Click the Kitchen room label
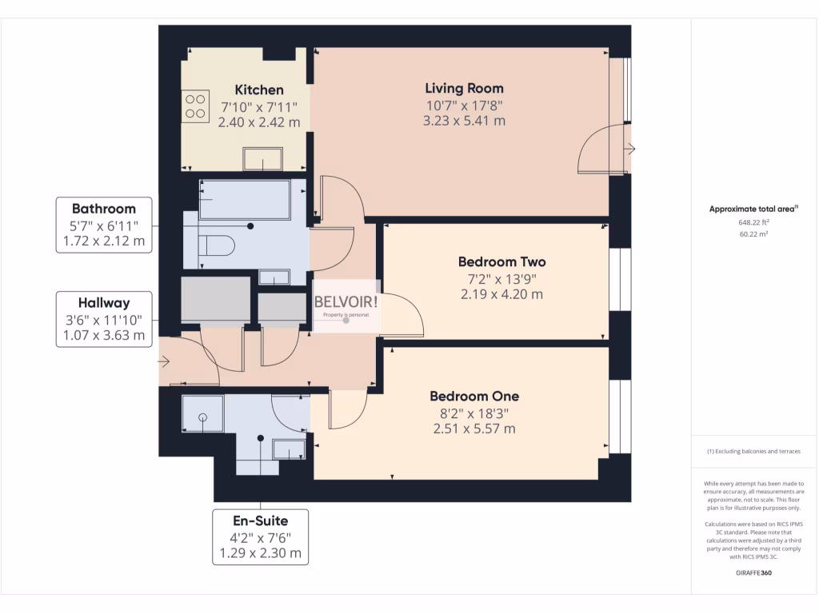coord(259,90)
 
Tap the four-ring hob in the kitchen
coord(195,106)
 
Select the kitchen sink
coord(262,159)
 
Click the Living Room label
coord(465,88)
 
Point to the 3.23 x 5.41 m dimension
coord(465,121)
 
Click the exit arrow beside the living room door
coord(631,149)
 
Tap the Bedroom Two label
coord(502,261)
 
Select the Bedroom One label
coord(474,397)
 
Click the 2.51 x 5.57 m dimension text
coord(474,429)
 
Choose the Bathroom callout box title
coord(104,209)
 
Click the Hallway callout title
coord(104,303)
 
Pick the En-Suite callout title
coord(260,520)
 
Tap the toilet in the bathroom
coord(218,245)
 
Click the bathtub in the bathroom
coord(245,200)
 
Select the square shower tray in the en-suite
coord(202,413)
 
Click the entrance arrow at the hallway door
coord(164,361)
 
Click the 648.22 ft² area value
coord(753,222)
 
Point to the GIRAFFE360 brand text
coord(753,572)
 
